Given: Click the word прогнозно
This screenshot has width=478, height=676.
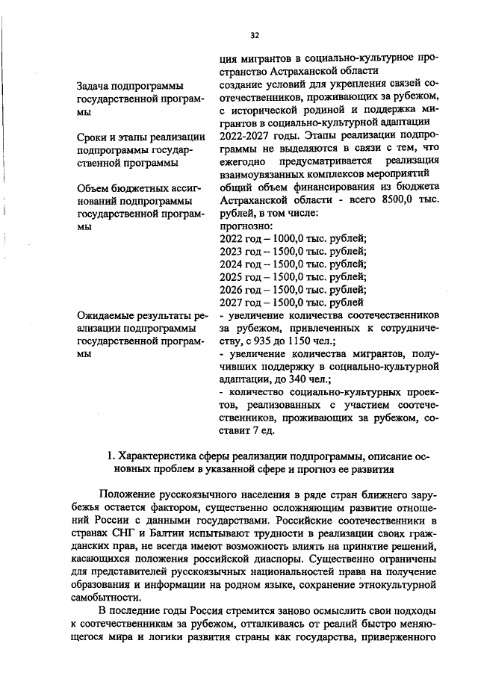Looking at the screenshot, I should point(247,226).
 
